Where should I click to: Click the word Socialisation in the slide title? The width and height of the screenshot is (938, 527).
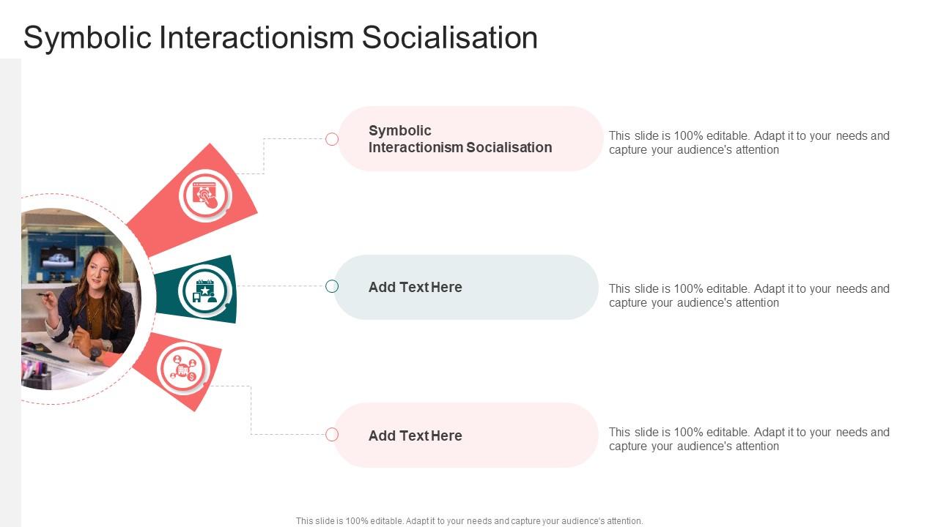coord(449,37)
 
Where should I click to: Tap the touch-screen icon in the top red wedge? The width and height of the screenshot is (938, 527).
coord(205,195)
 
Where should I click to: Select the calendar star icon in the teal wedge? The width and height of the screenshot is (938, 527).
coord(204,291)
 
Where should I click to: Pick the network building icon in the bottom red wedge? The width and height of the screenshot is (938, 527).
coord(183,368)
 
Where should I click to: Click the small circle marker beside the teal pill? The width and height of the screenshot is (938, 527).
coord(332,286)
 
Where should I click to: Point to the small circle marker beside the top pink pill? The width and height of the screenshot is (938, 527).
coord(332,139)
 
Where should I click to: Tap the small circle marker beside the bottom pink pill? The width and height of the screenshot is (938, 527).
coord(332,435)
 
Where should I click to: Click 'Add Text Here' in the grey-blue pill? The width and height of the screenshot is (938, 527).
coord(415,288)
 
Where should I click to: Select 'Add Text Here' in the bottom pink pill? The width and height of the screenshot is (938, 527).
coord(415,436)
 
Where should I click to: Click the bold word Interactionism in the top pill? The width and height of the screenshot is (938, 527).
coord(416,148)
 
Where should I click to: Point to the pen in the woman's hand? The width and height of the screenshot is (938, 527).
coord(43,295)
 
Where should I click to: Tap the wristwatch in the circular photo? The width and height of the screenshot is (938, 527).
coord(95,354)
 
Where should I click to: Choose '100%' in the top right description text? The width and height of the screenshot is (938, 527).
coord(688,136)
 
